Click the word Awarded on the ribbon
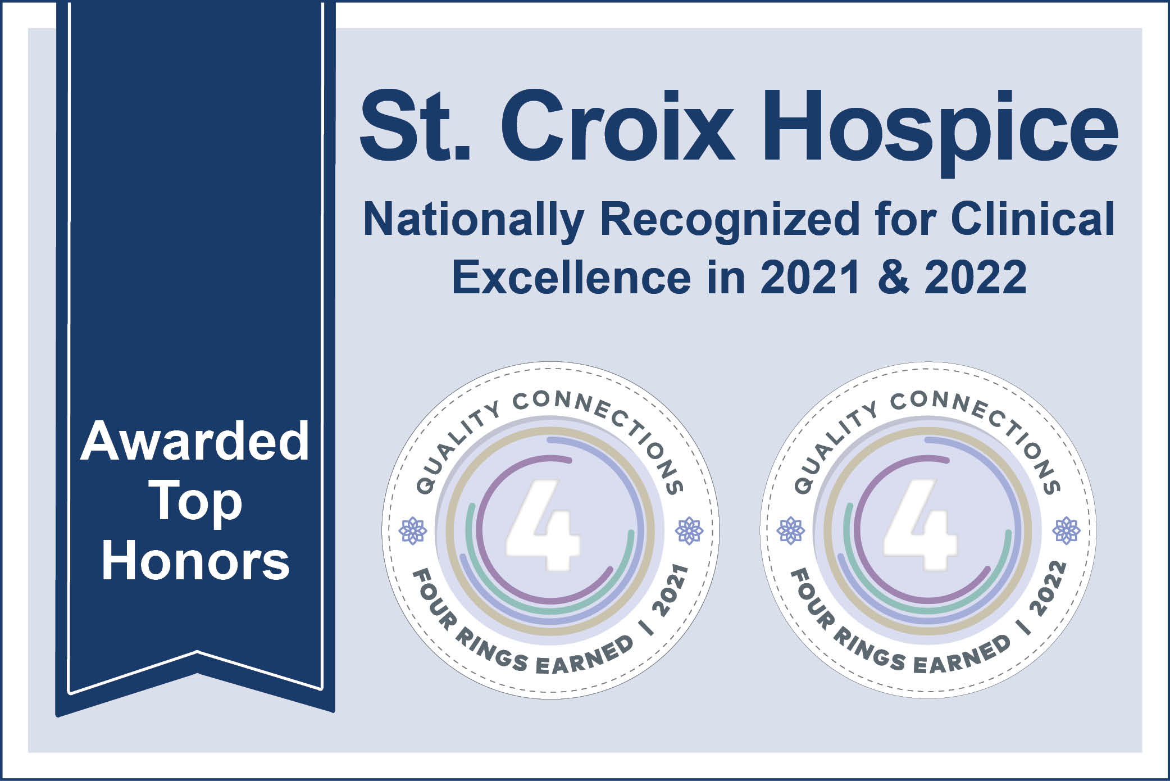pos(195,442)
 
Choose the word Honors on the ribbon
pos(195,561)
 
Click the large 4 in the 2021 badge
pos(542,525)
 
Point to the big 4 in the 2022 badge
pos(919,525)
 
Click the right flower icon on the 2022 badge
pos(1067,530)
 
